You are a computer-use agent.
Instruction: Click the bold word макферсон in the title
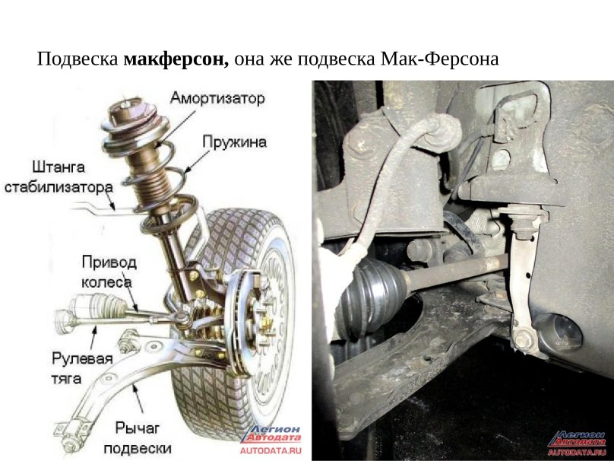176,59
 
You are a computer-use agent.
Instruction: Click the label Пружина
234,141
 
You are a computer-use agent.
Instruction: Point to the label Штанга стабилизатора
59,176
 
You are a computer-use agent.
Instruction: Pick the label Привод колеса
109,272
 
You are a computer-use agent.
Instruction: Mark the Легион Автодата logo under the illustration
271,433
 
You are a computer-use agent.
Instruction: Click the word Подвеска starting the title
78,59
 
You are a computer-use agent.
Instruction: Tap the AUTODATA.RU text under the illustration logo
270,450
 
